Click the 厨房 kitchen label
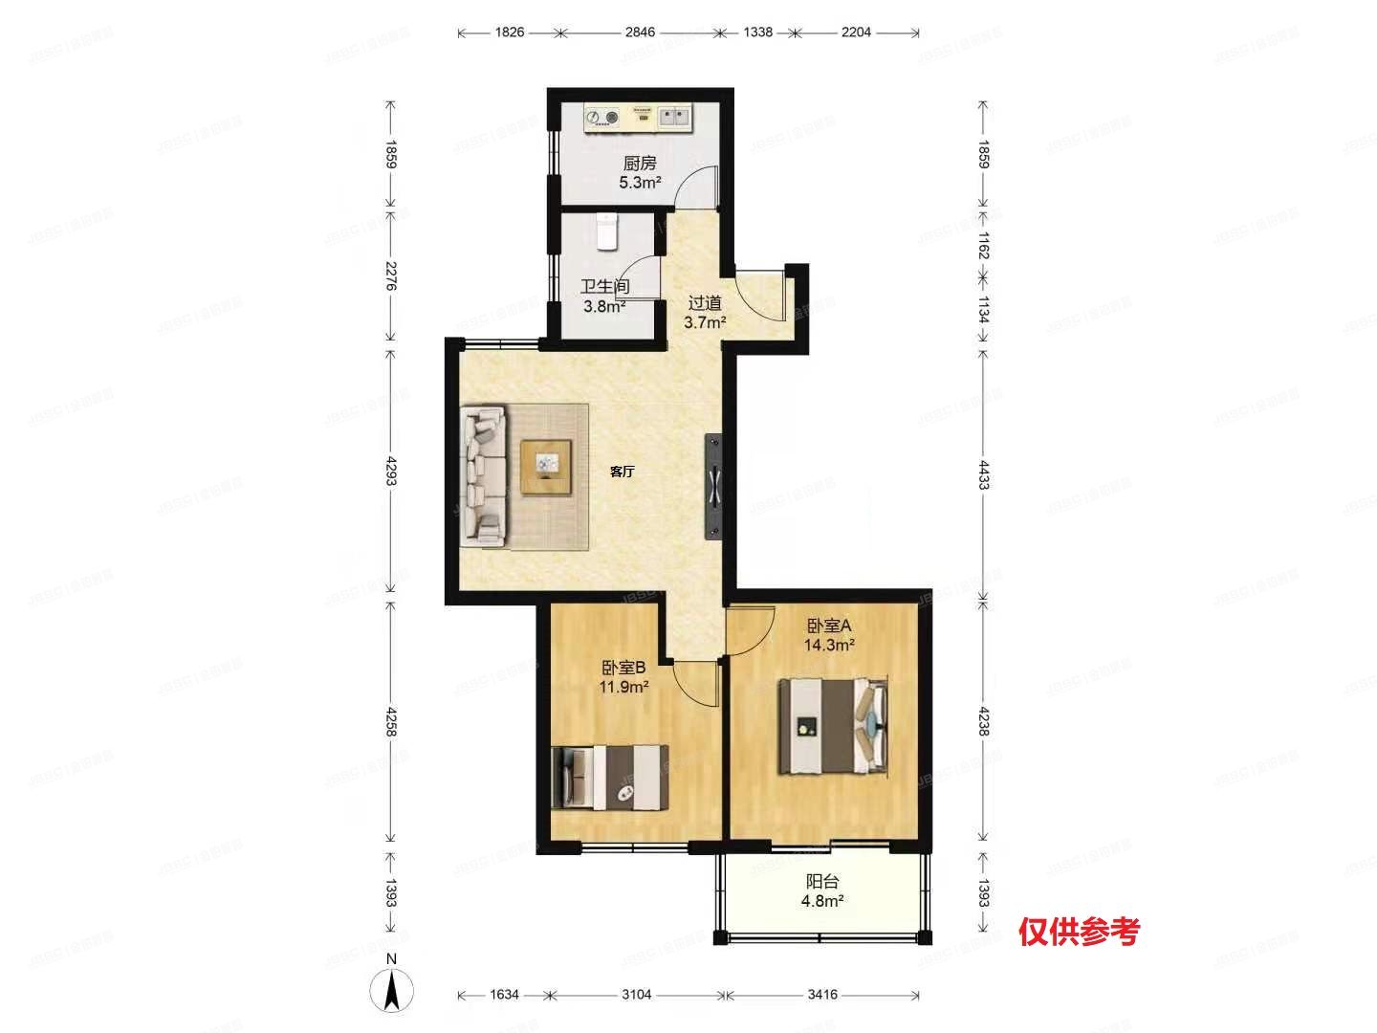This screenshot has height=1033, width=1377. click(x=640, y=164)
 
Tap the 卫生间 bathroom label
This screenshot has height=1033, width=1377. click(x=605, y=286)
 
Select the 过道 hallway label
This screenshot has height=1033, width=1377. click(x=705, y=304)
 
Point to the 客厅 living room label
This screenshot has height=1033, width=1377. click(x=623, y=472)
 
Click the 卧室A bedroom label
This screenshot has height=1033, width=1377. click(x=829, y=626)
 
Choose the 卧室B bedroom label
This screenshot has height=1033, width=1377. click(x=624, y=667)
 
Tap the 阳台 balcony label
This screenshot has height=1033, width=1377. click(x=822, y=882)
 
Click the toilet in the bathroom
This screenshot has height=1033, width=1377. click(x=606, y=231)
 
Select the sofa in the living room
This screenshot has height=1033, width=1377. click(x=484, y=475)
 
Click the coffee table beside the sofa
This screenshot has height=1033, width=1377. click(x=547, y=466)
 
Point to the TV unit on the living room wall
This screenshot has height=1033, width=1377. click(x=713, y=486)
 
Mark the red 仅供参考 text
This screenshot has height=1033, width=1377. click(x=1079, y=930)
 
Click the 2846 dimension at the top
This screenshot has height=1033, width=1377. click(x=640, y=33)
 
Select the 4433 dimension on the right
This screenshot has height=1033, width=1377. click(x=984, y=473)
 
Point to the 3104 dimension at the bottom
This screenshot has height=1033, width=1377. click(x=636, y=995)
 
